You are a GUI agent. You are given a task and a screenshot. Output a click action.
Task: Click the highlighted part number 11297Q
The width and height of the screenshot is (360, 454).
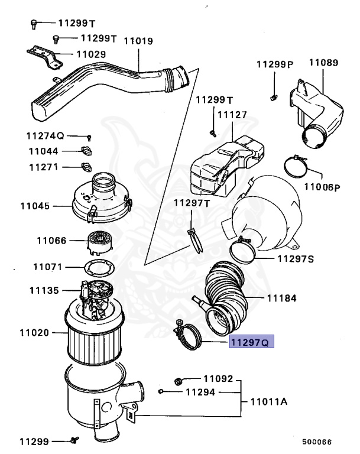click(x=252, y=342)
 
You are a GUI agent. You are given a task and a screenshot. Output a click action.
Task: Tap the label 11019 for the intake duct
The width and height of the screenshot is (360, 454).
click(x=139, y=41)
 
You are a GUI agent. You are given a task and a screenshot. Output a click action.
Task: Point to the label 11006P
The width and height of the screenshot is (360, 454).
click(x=322, y=187)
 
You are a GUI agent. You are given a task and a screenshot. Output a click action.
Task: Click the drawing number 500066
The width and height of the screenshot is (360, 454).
click(x=317, y=441)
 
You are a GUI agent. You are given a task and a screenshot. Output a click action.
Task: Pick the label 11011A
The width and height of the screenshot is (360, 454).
click(x=268, y=402)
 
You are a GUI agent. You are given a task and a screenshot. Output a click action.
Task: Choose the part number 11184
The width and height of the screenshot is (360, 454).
click(x=281, y=299)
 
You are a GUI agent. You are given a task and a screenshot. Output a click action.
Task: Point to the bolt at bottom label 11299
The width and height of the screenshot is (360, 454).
click(x=74, y=440)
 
